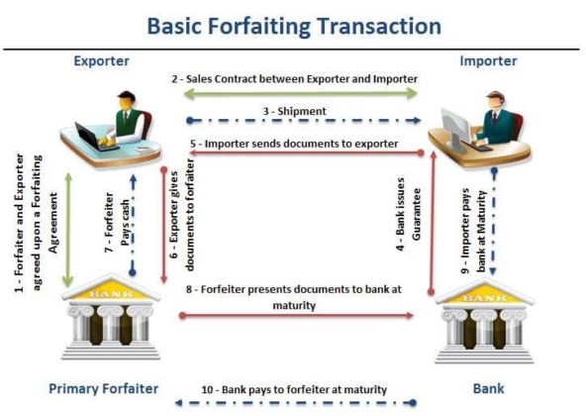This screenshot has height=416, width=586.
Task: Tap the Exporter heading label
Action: click(x=101, y=61)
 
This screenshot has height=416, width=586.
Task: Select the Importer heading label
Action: click(x=488, y=61)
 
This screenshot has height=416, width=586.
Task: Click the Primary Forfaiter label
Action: click(x=104, y=388)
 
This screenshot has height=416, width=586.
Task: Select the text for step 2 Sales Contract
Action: click(x=295, y=78)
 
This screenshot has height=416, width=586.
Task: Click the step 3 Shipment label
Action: click(x=294, y=111)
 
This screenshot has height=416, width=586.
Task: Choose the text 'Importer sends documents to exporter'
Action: click(x=294, y=145)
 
